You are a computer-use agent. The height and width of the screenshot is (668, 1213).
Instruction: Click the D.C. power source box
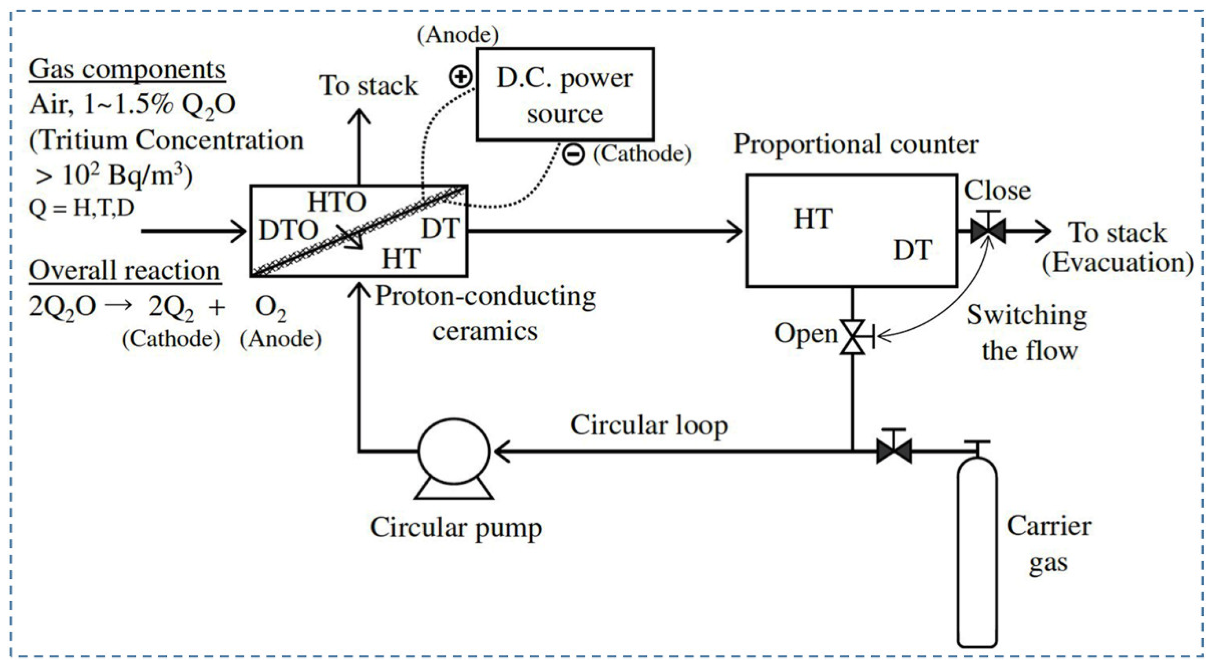565,94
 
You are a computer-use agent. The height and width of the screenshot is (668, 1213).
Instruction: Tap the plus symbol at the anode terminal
460,77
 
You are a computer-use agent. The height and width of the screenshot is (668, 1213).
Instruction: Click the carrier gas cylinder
977,551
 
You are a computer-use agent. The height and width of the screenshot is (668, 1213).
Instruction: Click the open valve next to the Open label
853,337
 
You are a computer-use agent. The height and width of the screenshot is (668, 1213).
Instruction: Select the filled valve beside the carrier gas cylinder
893,451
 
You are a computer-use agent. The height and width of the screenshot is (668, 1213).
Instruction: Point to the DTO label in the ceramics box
288,230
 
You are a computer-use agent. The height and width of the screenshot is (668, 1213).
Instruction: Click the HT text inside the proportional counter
813,219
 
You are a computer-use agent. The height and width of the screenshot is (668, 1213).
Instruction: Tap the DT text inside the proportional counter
912,250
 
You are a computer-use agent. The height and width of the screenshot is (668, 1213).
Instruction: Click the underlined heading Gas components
127,70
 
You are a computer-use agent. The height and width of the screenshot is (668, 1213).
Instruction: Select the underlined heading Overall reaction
124,271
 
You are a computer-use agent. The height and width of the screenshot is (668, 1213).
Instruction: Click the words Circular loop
649,425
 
